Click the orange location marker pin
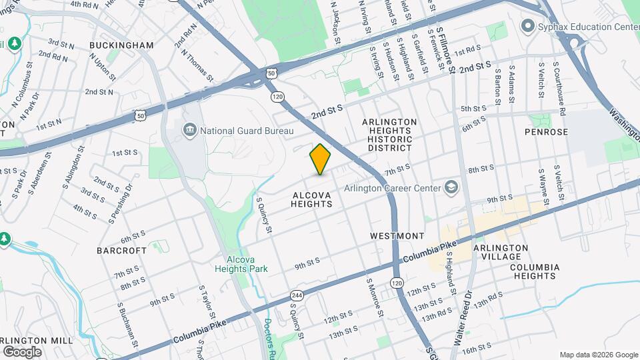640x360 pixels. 321,159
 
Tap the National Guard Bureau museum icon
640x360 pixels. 189,129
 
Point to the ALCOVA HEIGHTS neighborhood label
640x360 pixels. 312,199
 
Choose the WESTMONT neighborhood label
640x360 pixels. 397,236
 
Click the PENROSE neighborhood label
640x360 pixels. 546,132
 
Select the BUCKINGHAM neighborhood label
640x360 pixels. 121,45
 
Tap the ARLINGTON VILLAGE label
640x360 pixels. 501,253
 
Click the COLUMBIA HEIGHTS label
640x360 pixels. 544,272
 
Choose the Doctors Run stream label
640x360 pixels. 269,335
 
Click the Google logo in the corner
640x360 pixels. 22,351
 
